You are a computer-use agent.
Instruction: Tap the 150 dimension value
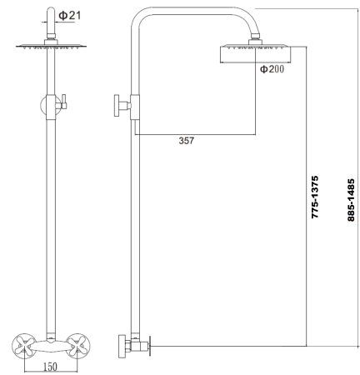click(50, 367)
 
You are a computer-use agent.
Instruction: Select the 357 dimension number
click(186, 141)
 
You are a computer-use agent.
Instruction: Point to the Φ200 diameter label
click(271, 69)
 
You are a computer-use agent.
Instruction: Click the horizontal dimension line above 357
click(193, 133)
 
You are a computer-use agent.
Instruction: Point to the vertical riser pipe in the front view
click(52, 217)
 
